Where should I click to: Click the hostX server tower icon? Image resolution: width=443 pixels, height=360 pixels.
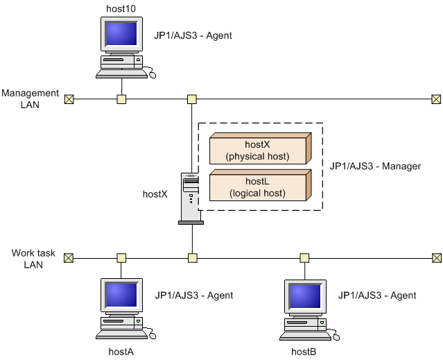tap(190, 198)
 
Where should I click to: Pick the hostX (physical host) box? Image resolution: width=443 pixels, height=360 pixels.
tap(259, 151)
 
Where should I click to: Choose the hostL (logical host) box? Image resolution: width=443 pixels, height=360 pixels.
tap(259, 187)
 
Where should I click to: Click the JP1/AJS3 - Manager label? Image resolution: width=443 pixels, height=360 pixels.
tap(375, 166)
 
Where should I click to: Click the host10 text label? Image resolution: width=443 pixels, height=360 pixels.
tap(121, 7)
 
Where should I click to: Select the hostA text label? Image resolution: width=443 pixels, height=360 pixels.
tap(121, 352)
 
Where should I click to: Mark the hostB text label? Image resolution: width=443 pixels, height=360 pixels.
tap(304, 352)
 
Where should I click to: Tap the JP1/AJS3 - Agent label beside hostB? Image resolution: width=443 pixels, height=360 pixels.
tap(377, 295)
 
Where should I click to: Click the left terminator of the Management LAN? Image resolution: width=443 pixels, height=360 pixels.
tap(69, 98)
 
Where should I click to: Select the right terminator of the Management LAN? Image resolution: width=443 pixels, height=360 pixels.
tap(435, 98)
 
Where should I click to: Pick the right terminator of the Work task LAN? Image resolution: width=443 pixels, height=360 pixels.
tap(435, 258)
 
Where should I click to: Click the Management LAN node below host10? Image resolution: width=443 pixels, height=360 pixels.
tap(121, 98)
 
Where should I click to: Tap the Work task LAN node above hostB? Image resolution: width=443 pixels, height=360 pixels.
tap(304, 258)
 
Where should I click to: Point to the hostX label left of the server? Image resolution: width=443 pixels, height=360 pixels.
tap(155, 194)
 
